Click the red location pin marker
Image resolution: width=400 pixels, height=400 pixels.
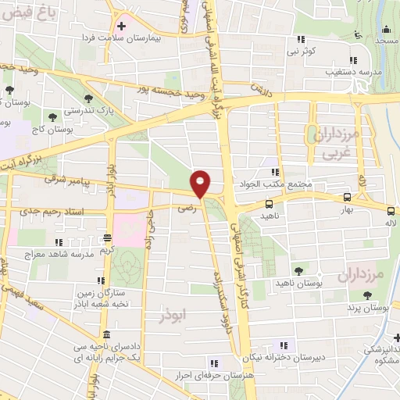[202, 182]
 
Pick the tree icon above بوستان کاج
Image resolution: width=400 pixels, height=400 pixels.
[52, 117]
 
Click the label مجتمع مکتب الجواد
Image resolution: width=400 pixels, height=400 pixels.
[284, 185]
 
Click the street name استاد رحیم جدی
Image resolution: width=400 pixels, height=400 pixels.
[37, 211]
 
